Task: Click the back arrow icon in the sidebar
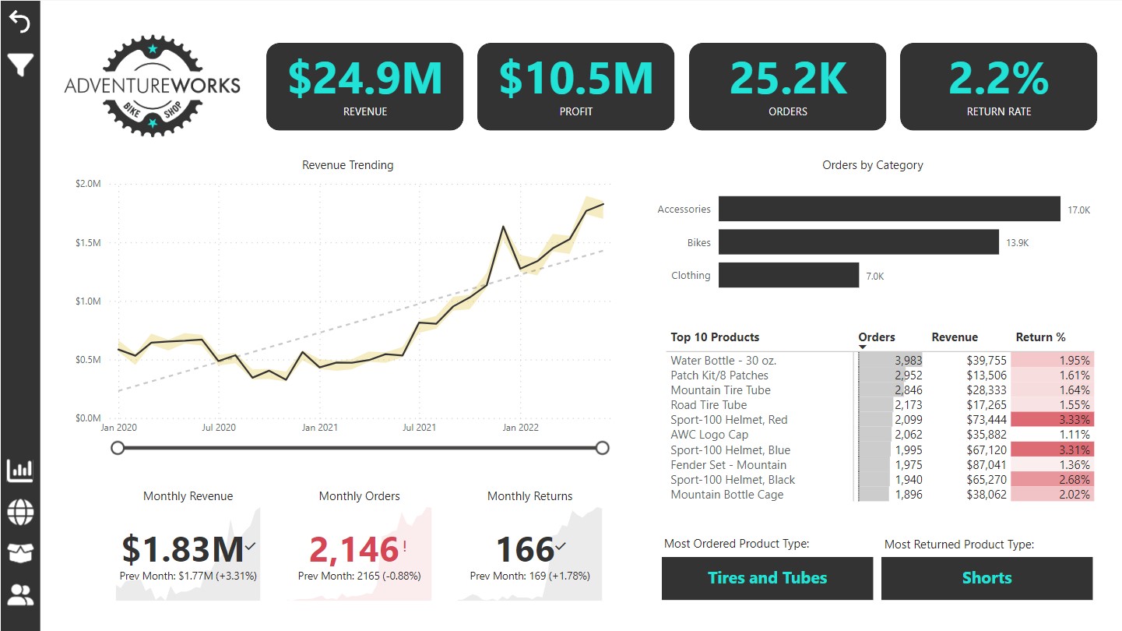click(x=19, y=22)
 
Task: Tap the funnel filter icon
click(x=19, y=65)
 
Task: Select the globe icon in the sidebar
click(x=20, y=513)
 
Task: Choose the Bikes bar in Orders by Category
click(x=858, y=242)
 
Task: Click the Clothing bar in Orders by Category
click(x=788, y=275)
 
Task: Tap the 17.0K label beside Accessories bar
click(x=1078, y=210)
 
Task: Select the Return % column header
click(x=1040, y=337)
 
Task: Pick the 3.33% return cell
click(x=1052, y=420)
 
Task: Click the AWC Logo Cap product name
click(x=709, y=435)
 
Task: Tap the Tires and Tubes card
click(x=767, y=578)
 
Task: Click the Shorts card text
click(x=987, y=578)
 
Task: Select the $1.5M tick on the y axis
click(x=88, y=243)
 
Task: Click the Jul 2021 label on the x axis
click(x=419, y=428)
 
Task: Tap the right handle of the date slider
click(x=601, y=448)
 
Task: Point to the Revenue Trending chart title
click(x=347, y=165)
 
